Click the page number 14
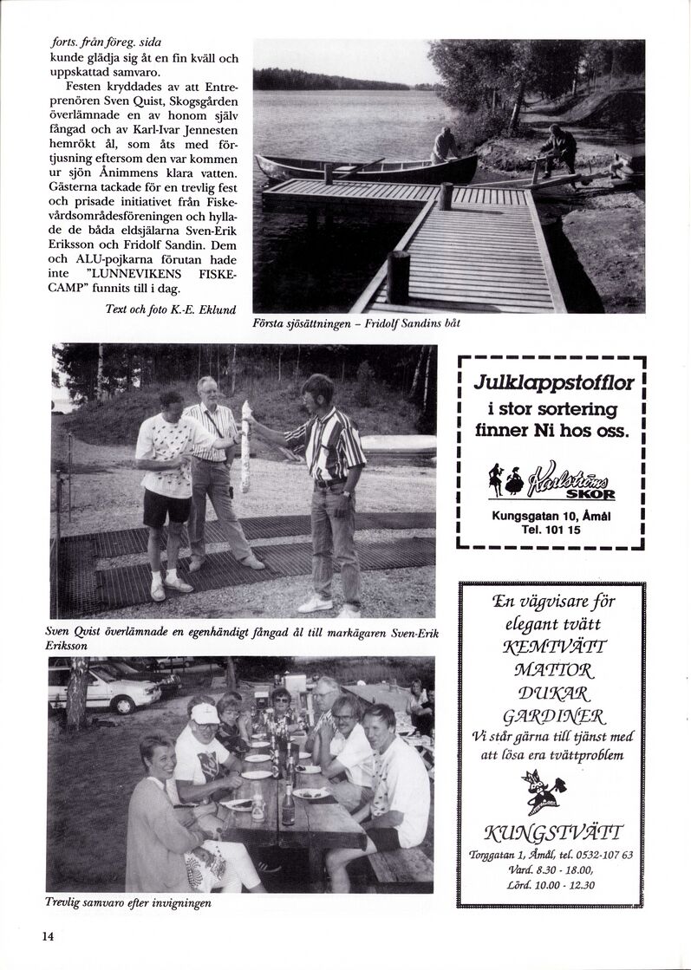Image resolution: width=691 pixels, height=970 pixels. (x=47, y=935)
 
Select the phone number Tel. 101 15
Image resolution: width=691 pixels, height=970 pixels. (x=550, y=533)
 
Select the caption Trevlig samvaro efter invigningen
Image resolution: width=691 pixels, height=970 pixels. (x=127, y=902)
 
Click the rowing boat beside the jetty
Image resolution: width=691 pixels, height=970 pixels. (x=364, y=167)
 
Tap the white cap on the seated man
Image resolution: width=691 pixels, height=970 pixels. (x=205, y=713)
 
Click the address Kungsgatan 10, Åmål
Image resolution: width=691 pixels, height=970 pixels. (x=550, y=518)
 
